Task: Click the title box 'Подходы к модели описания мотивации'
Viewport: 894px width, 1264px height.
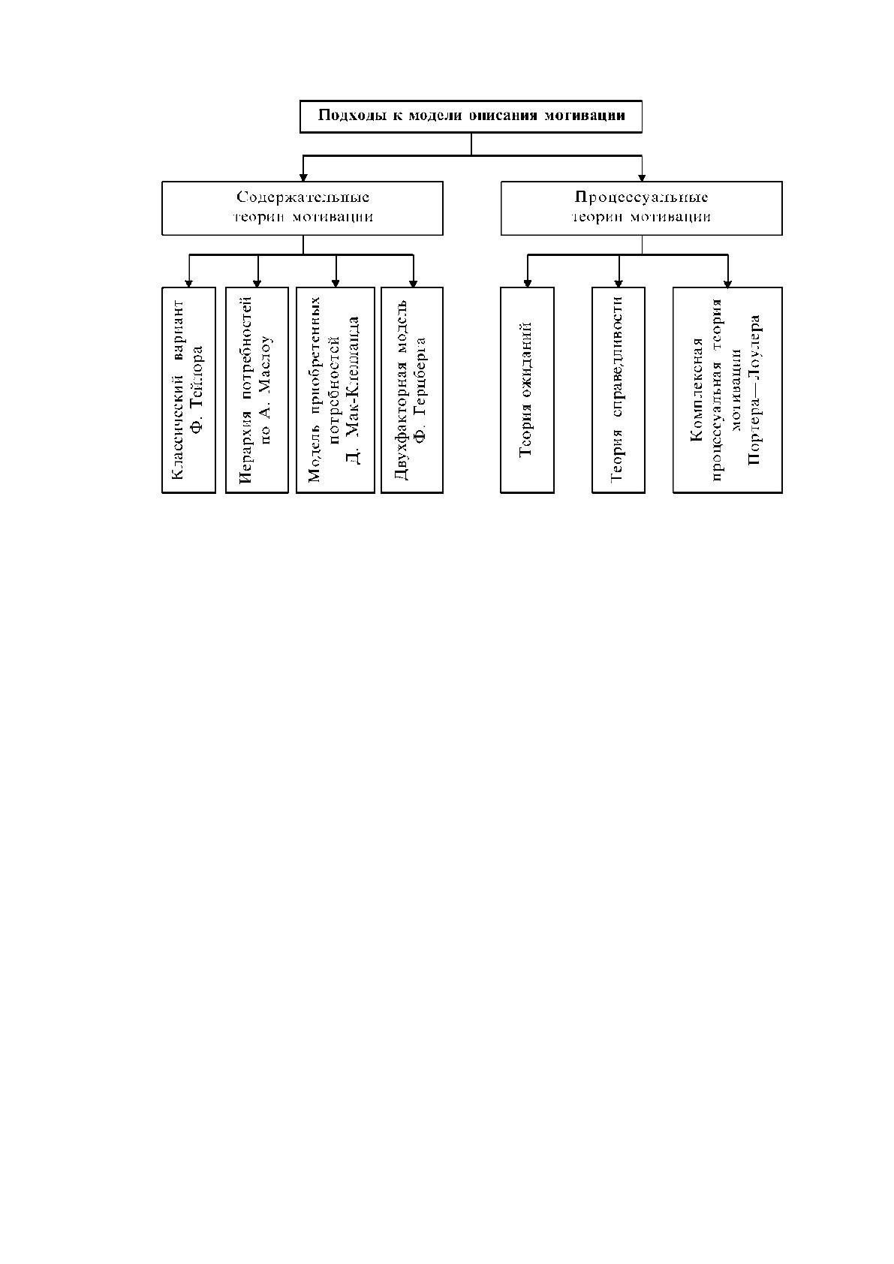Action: (471, 117)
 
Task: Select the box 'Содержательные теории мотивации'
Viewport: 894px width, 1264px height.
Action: (303, 208)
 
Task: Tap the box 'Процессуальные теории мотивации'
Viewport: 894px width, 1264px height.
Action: (642, 208)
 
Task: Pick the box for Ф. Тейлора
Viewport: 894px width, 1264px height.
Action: (188, 390)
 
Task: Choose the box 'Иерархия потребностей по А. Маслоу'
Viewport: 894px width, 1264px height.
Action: (257, 390)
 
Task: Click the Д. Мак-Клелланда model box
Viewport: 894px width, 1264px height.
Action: (336, 390)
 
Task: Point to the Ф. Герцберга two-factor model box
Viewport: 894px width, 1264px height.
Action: (412, 390)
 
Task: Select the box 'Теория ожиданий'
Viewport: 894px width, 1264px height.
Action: (527, 390)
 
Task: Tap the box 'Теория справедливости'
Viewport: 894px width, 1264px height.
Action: (618, 390)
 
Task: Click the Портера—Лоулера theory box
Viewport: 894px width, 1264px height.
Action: (727, 390)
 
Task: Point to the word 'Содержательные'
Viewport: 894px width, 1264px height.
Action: (303, 197)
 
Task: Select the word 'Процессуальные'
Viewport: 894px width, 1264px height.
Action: (641, 197)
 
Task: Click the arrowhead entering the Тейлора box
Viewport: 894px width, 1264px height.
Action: (188, 283)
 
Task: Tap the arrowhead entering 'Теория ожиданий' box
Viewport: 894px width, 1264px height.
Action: (527, 283)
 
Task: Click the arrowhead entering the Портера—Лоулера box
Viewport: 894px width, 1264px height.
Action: (727, 283)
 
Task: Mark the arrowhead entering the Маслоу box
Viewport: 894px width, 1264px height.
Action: (257, 283)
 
